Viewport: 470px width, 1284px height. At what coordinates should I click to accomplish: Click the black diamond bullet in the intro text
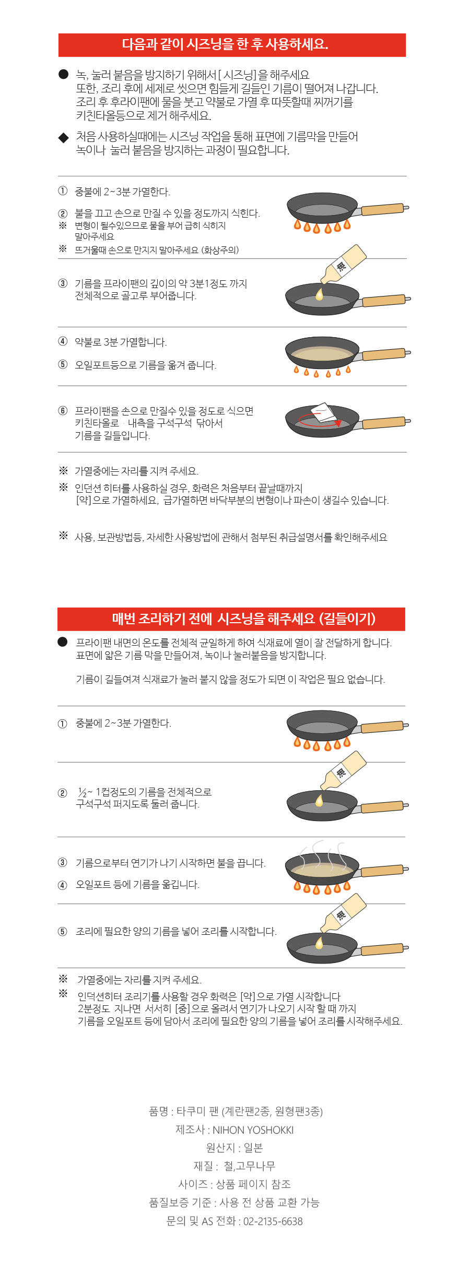(x=64, y=138)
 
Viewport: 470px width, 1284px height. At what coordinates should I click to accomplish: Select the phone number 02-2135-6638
(x=273, y=1221)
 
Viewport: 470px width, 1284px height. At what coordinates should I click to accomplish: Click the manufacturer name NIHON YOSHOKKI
(x=253, y=1130)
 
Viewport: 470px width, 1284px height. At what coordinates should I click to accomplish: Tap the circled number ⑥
(x=63, y=411)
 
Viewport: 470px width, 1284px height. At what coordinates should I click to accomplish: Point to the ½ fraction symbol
(x=82, y=792)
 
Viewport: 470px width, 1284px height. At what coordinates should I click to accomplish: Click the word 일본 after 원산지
(x=253, y=1148)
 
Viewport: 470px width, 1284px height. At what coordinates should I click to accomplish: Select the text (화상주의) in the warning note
(x=220, y=250)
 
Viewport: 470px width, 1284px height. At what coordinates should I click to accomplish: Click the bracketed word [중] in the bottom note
(x=182, y=1008)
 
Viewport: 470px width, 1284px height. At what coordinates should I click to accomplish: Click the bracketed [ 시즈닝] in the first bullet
(x=238, y=75)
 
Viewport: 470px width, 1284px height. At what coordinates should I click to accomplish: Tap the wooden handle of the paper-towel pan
(x=384, y=422)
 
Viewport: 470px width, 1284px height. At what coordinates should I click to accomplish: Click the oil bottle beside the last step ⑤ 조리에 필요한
(x=342, y=914)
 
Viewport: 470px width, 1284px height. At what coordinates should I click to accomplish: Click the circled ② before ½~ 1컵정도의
(x=63, y=793)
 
